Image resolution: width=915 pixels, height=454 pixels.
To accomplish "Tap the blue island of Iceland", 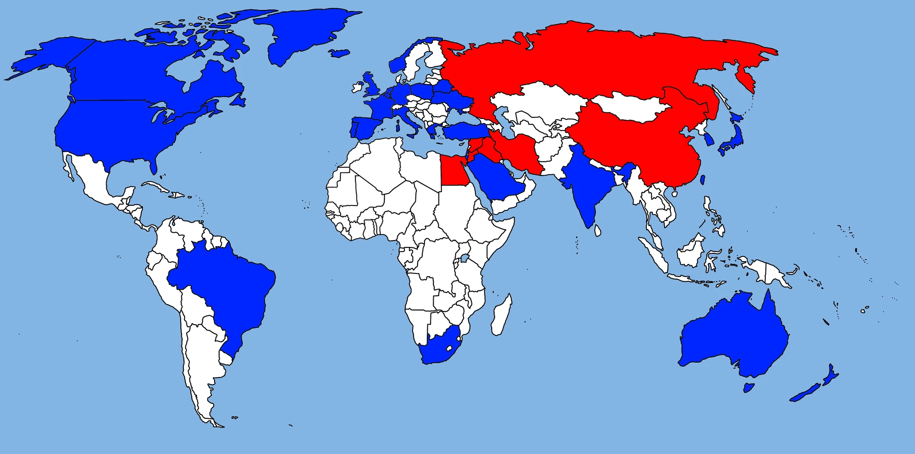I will tap(339, 53).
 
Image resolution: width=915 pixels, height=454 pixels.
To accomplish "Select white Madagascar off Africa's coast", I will tap(501, 316).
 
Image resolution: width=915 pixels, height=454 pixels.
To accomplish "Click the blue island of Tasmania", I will tap(748, 388).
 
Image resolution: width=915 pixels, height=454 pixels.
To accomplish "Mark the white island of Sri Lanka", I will tap(597, 230).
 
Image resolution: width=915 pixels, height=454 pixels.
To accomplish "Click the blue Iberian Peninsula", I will tap(364, 128).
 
